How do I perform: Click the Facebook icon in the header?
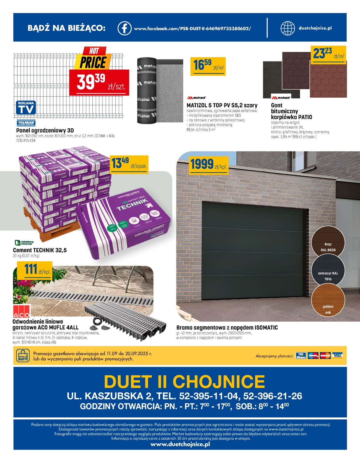(x=124, y=28)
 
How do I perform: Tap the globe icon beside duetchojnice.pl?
(x=287, y=28)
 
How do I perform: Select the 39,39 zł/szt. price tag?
(x=99, y=82)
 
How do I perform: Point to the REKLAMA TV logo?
(x=26, y=108)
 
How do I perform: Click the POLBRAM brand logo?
(x=26, y=123)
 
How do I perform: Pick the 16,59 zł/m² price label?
(x=208, y=66)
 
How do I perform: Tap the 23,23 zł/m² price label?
(x=328, y=55)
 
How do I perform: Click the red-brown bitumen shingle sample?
(x=328, y=81)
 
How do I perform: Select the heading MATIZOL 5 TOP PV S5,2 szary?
(x=222, y=105)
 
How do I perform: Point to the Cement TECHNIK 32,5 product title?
(x=40, y=250)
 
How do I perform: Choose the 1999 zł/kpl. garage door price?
(x=208, y=164)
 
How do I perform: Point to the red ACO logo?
(x=21, y=312)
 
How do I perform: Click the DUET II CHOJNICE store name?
(x=184, y=382)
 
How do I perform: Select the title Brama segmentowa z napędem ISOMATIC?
(x=227, y=328)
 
